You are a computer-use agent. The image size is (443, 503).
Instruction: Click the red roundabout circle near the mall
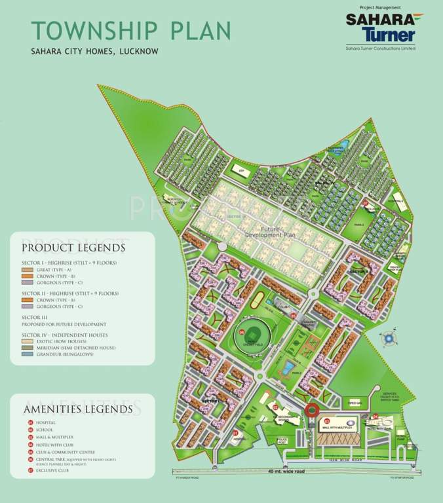click(312, 412)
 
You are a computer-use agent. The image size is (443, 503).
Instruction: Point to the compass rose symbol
click(389, 339)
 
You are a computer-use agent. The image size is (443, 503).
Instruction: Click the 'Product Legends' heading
click(73, 248)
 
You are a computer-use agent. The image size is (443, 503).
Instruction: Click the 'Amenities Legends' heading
click(77, 409)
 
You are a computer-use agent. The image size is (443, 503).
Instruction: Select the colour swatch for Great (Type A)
click(27, 269)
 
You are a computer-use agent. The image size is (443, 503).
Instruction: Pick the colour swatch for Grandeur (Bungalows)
click(27, 354)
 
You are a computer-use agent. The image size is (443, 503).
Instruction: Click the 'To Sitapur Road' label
click(401, 478)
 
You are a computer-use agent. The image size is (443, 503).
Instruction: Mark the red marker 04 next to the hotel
click(376, 416)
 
